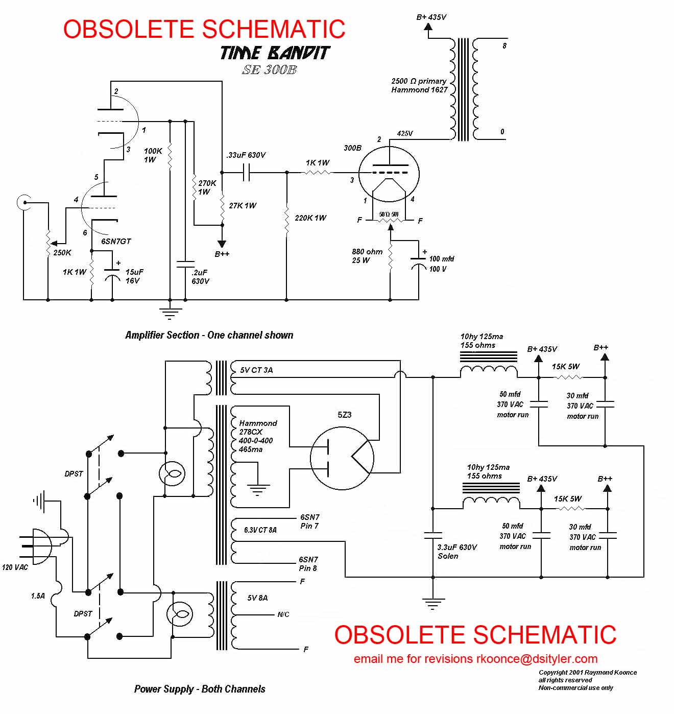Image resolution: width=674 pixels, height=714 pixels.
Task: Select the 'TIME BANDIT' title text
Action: (x=275, y=53)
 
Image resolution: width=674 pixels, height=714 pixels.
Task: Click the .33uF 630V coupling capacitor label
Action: (x=246, y=155)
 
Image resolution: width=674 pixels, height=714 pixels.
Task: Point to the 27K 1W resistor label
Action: (x=243, y=205)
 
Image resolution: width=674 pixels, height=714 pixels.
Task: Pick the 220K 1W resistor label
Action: (x=310, y=218)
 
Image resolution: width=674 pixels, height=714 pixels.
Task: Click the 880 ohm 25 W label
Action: (x=367, y=256)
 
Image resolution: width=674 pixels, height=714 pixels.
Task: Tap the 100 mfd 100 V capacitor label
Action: (x=441, y=264)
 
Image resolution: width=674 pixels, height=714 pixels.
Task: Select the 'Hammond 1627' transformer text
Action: (x=419, y=90)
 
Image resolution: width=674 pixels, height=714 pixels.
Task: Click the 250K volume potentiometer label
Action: (x=62, y=252)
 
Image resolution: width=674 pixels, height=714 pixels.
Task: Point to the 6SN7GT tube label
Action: (x=116, y=241)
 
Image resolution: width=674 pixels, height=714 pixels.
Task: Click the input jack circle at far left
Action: (x=22, y=202)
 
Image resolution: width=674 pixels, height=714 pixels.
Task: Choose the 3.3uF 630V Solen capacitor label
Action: (x=456, y=552)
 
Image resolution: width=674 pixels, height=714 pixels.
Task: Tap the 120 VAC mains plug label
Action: (x=15, y=567)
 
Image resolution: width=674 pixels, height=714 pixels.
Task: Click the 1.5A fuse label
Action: (x=38, y=596)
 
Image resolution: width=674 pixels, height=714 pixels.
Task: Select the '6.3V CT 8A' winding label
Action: (x=260, y=530)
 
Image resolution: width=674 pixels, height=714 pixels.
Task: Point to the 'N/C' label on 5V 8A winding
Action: (x=283, y=614)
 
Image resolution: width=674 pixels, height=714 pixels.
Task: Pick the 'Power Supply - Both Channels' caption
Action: (x=200, y=689)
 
